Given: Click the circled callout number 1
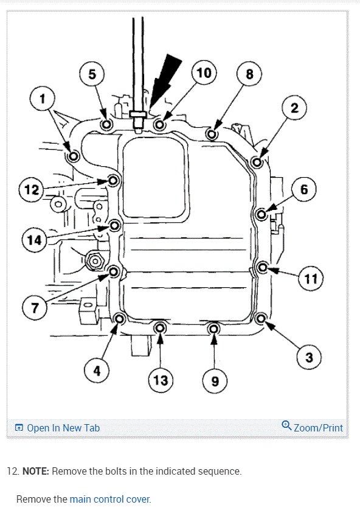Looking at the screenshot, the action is coord(42,99).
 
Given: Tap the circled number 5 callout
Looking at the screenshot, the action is coord(92,74).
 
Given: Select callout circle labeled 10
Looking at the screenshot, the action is coord(204,72).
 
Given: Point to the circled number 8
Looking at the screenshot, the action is coord(249,74).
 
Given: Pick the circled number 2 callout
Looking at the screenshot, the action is coord(294,108).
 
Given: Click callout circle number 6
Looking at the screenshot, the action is coord(304,189).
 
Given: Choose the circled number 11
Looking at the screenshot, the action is coord(311,279).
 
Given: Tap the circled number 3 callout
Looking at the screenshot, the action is coord(309,357).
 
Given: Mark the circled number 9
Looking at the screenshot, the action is coord(215,381).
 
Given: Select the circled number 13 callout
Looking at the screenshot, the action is coord(161,380).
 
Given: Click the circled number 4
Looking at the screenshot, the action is coord(97,371).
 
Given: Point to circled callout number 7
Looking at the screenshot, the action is coord(35,308).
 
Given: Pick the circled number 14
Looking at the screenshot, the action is coord(34,240).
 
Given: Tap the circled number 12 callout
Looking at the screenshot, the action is coord(32,189).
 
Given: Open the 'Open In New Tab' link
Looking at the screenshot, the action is coord(58,428).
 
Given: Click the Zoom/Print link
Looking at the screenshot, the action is coord(312,427).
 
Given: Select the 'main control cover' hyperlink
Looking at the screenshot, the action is coord(110,499).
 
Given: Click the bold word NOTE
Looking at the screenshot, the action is coord(35,471).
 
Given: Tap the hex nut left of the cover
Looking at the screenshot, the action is coord(94,262).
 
